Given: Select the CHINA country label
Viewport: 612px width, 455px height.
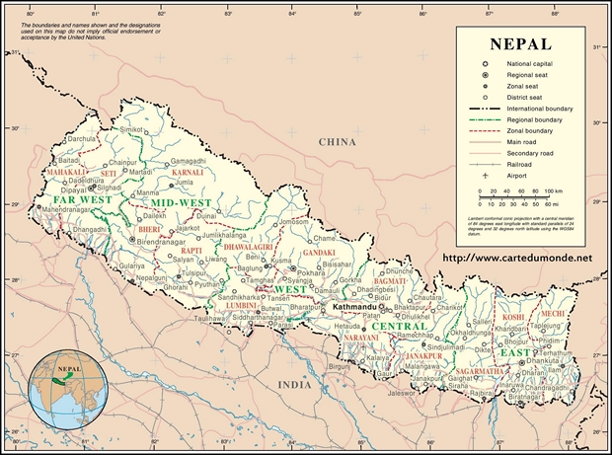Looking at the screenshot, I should pyautogui.click(x=337, y=142).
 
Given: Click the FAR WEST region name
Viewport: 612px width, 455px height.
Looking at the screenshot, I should pyautogui.click(x=75, y=198).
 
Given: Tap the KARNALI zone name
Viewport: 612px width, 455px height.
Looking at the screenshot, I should pyautogui.click(x=188, y=173).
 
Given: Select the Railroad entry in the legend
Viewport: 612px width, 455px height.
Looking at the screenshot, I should pyautogui.click(x=522, y=164).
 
